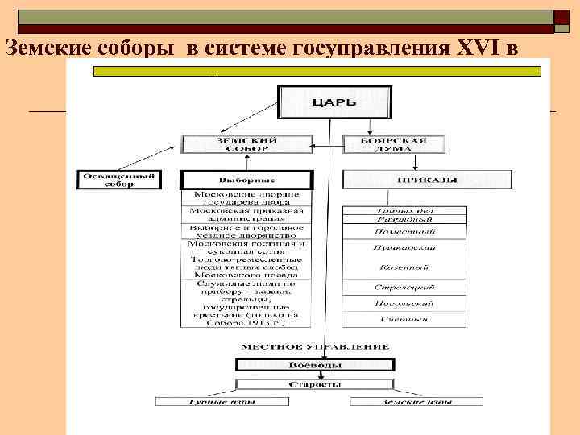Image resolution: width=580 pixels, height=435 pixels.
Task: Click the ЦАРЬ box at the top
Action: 334,103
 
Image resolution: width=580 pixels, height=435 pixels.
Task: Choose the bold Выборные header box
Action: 246,180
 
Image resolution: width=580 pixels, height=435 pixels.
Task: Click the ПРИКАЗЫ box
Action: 427,179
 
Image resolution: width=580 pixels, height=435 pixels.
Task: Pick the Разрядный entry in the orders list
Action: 404,219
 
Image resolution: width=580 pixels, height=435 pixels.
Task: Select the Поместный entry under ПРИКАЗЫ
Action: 404,231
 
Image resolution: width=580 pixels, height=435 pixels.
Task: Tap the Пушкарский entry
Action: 404,249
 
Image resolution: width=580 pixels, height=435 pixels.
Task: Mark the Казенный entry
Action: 404,267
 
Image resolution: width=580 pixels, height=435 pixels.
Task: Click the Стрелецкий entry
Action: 404,287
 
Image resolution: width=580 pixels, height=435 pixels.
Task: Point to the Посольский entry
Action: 404,304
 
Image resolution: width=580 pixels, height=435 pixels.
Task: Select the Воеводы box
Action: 315,365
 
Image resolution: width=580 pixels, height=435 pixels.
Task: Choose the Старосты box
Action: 315,385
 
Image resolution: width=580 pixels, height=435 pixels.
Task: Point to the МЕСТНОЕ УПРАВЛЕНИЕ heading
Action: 315,347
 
